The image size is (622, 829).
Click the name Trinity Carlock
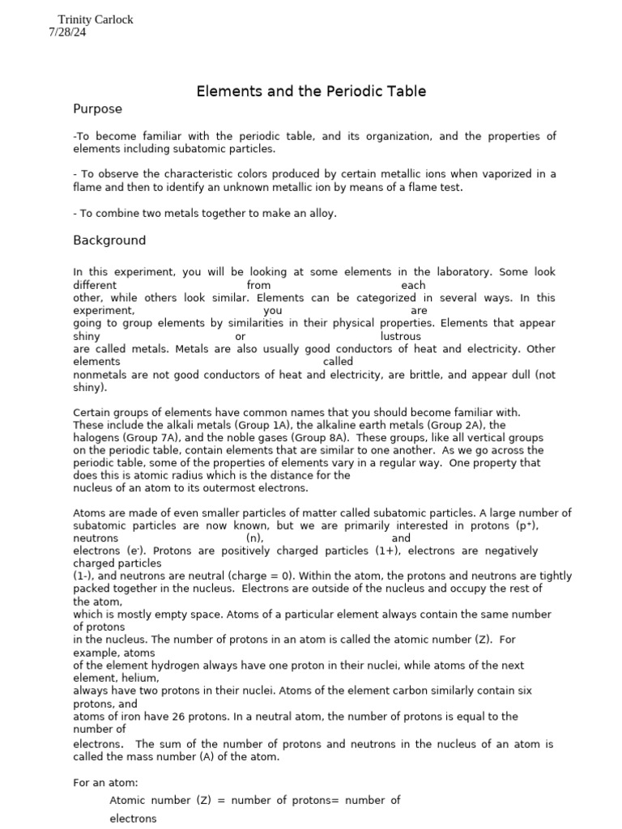pos(96,19)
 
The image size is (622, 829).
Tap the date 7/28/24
pos(67,32)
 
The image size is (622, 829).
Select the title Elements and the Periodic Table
pos(311,91)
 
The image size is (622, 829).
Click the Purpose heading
pos(97,108)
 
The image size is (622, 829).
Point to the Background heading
pos(109,240)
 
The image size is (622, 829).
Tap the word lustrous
pos(400,336)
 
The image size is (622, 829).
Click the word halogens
pos(98,437)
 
